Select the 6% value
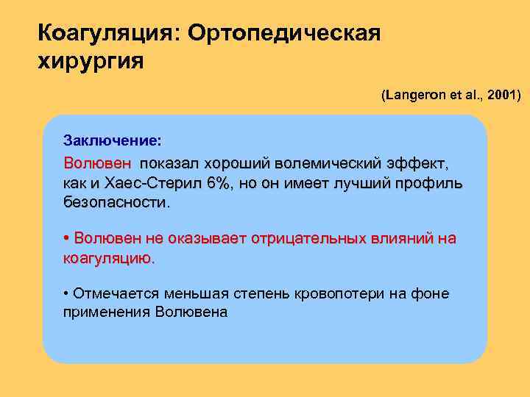point(217,182)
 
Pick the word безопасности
point(116,201)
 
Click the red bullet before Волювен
point(67,239)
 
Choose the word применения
point(107,312)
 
